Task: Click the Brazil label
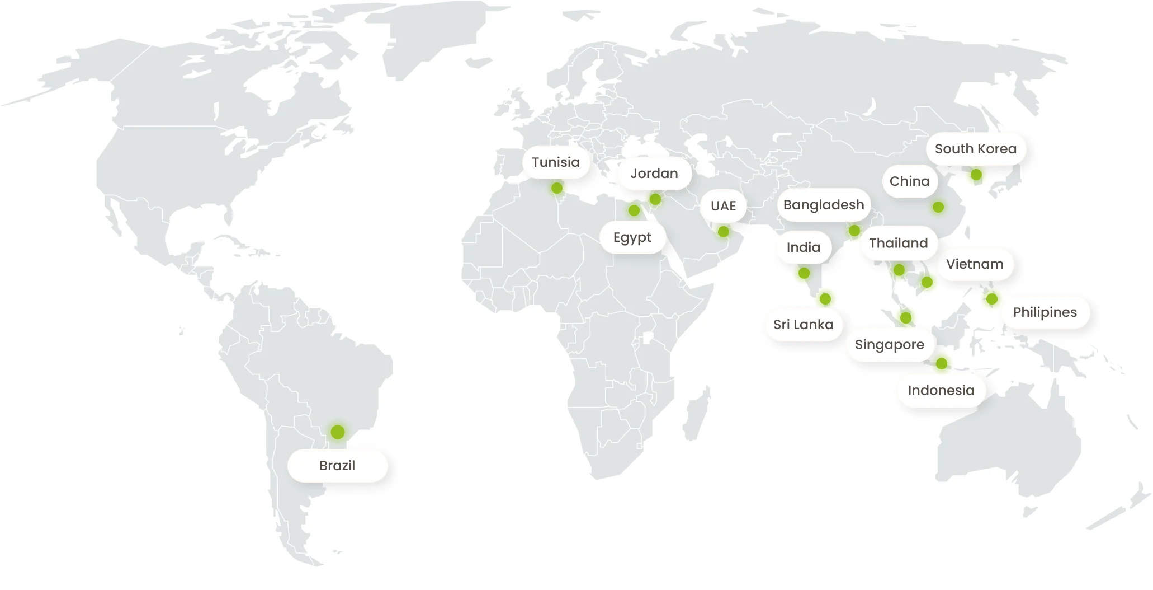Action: pos(337,466)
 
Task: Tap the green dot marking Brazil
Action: pos(337,432)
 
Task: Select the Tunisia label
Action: pos(556,162)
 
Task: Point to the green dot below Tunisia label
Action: pos(557,188)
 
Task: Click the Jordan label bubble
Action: pos(654,174)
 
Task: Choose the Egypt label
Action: pos(632,237)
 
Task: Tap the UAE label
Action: pos(723,206)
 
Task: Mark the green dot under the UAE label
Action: pos(724,232)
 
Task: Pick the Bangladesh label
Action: pos(824,205)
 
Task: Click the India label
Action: pos(804,247)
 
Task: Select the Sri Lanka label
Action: pos(804,325)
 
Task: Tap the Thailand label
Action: pos(899,243)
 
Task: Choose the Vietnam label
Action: pos(975,264)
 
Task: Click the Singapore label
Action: pos(890,345)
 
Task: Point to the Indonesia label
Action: pos(941,391)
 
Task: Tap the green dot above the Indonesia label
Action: pos(942,364)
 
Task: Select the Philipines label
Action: pos(1045,312)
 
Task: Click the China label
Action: pos(910,181)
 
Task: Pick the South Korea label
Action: pos(976,149)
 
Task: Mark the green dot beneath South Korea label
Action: pos(976,175)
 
